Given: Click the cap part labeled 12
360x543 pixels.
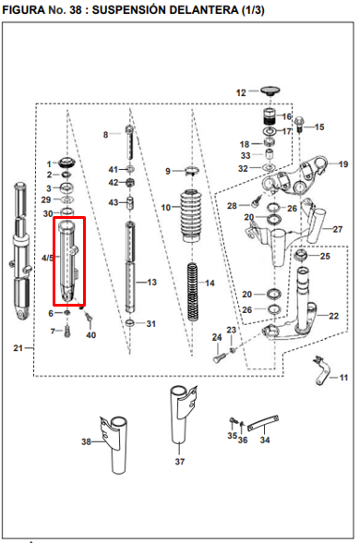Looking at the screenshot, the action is [x=270, y=91].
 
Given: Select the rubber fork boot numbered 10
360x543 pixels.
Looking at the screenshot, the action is [x=191, y=215].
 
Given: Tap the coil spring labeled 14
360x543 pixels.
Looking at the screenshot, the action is [x=193, y=292].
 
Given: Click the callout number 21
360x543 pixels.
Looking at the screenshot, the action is [x=18, y=347].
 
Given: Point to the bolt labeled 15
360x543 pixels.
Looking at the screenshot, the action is [x=299, y=125].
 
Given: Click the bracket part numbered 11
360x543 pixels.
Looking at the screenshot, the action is [x=321, y=370].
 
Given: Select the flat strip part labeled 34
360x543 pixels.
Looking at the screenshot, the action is [x=263, y=423].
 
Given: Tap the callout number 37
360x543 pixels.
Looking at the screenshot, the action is [x=180, y=462].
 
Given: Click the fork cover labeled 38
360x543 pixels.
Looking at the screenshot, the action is [x=114, y=445].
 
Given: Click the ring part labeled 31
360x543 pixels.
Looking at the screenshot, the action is [x=130, y=323].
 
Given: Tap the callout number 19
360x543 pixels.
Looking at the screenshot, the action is [x=343, y=164].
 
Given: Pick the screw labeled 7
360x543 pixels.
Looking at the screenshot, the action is [x=67, y=332].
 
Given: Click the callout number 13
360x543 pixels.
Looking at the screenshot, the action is [x=152, y=283].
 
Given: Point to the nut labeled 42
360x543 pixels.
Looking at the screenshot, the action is [x=131, y=183].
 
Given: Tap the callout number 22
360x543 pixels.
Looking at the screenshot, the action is [x=333, y=316].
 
